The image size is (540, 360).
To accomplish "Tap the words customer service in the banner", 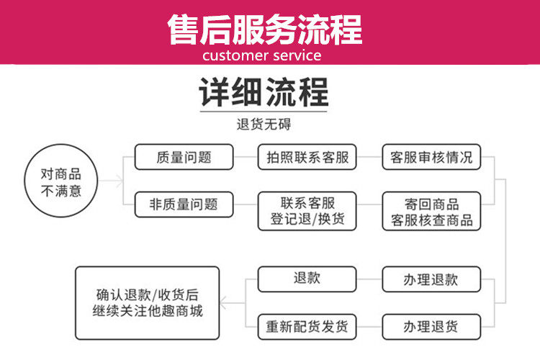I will click(261, 55).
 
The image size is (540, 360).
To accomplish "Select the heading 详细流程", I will click(264, 94).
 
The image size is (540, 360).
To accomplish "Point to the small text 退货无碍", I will click(264, 125).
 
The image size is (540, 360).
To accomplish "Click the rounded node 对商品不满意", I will click(60, 182).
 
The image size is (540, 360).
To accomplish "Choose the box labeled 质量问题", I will click(184, 157).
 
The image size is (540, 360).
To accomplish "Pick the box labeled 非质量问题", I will click(184, 204).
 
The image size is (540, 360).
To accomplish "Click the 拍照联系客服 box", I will click(307, 157).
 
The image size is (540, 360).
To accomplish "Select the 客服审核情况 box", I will click(431, 157).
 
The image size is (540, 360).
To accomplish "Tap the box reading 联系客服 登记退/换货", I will click(307, 210).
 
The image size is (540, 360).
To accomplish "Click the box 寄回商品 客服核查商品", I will click(431, 210).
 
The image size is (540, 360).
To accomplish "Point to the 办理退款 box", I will click(431, 279).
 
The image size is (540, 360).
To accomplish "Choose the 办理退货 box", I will click(431, 326).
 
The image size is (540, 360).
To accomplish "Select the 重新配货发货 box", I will click(307, 326).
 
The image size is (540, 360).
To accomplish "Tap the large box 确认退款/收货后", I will click(148, 303).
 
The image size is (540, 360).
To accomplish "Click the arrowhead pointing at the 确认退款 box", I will click(224, 303).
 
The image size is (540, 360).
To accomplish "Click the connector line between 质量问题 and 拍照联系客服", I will click(246, 157).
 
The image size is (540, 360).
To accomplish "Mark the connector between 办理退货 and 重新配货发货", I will click(369, 326).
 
